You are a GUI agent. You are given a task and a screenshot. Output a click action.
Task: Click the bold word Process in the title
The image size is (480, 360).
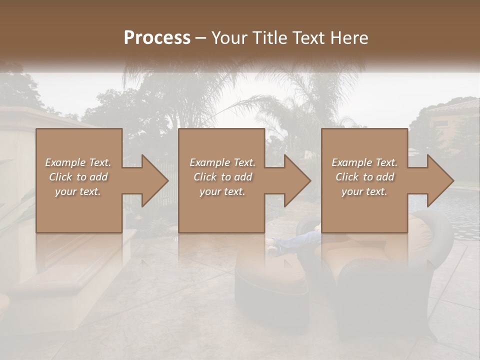[x=157, y=37]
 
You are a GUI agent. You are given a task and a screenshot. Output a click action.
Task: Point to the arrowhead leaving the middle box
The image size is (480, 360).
[x=294, y=180]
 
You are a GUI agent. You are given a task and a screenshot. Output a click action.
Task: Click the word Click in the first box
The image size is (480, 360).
[x=60, y=177]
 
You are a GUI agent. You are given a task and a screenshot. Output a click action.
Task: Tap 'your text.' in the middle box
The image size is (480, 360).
[x=222, y=191]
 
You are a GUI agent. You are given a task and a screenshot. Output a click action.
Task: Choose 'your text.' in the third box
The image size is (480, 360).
[x=364, y=191]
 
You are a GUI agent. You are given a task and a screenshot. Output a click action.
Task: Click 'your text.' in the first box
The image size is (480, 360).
[x=77, y=191]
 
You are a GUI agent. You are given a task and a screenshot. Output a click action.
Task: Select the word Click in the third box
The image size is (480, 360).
[x=347, y=177]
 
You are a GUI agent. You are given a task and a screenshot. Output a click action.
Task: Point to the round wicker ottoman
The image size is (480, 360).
[x=270, y=280]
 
